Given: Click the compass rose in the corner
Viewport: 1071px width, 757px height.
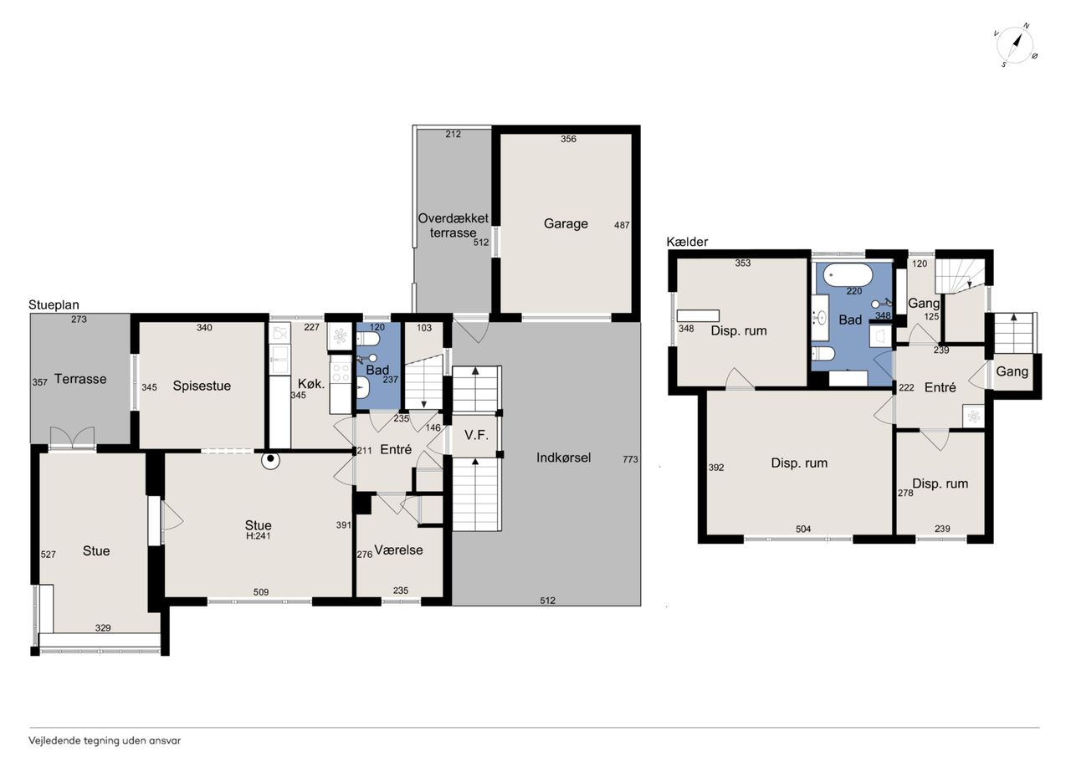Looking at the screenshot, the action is point(1015,45).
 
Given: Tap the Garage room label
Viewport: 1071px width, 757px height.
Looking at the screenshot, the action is point(566,223).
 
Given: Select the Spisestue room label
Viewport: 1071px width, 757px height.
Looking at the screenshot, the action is point(202,386).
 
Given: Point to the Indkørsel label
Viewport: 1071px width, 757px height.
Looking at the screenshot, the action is point(563,458).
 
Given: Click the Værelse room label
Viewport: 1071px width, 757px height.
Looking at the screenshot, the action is point(398,550).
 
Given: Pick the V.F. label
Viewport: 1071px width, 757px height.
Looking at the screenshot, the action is point(476,434).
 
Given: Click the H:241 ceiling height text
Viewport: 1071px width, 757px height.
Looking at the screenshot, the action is point(259,535).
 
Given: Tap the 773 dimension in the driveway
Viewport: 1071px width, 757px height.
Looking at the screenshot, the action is point(630,458).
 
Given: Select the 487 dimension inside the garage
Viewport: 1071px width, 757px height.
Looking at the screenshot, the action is point(622,225).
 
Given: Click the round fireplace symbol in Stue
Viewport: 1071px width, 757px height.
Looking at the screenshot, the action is point(270,459).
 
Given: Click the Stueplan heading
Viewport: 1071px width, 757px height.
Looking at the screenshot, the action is point(54,305).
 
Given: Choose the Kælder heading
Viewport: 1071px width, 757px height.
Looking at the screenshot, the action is point(687,242).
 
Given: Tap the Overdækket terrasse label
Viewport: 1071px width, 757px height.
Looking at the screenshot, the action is point(454,226).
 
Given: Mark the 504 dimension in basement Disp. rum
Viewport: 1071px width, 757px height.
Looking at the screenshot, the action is point(803,529).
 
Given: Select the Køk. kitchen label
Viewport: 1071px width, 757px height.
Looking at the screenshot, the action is point(311,383).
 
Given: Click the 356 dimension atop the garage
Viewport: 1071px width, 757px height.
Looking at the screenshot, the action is point(568,139).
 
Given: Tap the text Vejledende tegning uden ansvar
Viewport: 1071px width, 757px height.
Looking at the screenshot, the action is point(105,741).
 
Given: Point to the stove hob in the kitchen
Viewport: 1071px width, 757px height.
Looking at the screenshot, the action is point(341,373).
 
